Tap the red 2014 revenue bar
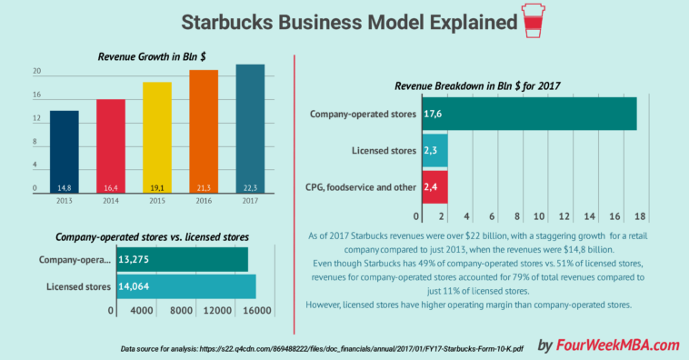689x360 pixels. click(x=110, y=145)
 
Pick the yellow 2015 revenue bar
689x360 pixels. click(x=157, y=136)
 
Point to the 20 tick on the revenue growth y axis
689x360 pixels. click(x=36, y=71)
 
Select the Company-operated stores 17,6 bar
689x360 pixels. click(x=528, y=114)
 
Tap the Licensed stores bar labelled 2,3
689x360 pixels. click(x=434, y=150)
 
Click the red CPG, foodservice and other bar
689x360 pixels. click(x=434, y=186)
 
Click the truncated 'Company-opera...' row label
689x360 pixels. click(x=75, y=259)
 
